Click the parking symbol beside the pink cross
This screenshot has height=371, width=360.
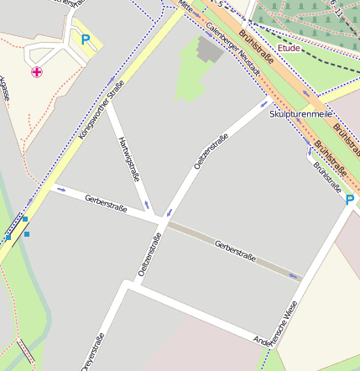[85, 38]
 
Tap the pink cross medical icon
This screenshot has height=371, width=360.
[37, 72]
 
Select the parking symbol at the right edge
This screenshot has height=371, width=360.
[350, 200]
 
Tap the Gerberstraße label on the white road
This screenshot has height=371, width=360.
[106, 202]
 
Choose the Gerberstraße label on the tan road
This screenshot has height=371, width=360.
[234, 249]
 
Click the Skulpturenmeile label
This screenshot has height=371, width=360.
[301, 113]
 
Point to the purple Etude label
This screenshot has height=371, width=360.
[289, 49]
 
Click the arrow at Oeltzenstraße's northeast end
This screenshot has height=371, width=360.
[263, 104]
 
